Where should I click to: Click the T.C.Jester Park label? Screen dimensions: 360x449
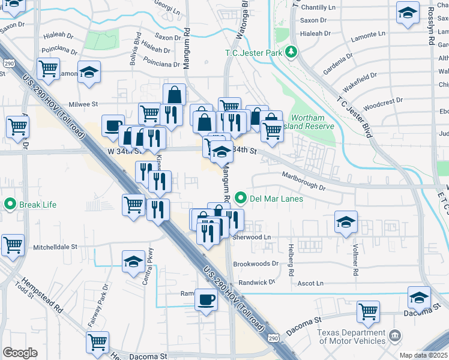pyautogui.click(x=254, y=52)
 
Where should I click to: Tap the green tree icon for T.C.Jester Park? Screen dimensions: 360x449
pyautogui.click(x=292, y=52)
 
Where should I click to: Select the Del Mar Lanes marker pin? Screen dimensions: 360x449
pyautogui.click(x=241, y=197)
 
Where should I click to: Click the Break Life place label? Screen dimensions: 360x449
pyautogui.click(x=37, y=205)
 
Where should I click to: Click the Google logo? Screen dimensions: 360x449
pyautogui.click(x=20, y=352)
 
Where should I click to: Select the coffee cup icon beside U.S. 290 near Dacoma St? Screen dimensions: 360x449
pyautogui.click(x=205, y=298)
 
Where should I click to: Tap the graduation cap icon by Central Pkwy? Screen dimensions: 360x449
pyautogui.click(x=134, y=262)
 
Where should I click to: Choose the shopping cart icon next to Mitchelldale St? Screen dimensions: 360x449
pyautogui.click(x=13, y=244)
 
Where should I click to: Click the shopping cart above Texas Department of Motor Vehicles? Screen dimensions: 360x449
pyautogui.click(x=368, y=311)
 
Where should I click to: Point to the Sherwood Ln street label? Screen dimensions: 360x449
pyautogui.click(x=252, y=238)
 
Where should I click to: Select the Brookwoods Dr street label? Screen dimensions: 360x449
pyautogui.click(x=256, y=263)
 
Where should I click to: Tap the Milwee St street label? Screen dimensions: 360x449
pyautogui.click(x=82, y=104)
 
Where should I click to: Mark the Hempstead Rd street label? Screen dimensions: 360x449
pyautogui.click(x=41, y=295)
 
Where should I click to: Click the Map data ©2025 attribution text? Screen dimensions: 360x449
pyautogui.click(x=423, y=355)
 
